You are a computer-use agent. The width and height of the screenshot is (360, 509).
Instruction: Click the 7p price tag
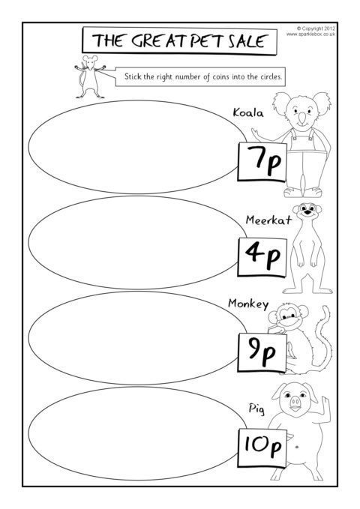pyautogui.click(x=262, y=162)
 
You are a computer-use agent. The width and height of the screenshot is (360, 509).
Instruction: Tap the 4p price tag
pyautogui.click(x=262, y=257)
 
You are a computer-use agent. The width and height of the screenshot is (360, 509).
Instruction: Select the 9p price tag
pyautogui.click(x=262, y=352)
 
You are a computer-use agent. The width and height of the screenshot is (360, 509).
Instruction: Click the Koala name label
pyautogui.click(x=248, y=112)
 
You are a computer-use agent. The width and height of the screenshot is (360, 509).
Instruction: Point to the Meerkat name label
pyautogui.click(x=268, y=220)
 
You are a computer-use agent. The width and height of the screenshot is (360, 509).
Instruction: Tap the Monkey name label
pyautogui.click(x=248, y=304)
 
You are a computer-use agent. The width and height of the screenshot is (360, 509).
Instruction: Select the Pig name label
pyautogui.click(x=256, y=409)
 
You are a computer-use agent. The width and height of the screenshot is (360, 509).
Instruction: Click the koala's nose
pyautogui.click(x=302, y=118)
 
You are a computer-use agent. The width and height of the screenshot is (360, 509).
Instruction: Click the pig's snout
pyautogui.click(x=295, y=403)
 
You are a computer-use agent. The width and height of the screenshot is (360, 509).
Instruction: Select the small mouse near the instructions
pyautogui.click(x=89, y=76)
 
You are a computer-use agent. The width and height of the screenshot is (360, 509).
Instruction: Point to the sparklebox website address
pyautogui.click(x=310, y=34)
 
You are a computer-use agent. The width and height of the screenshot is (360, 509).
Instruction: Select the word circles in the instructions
pyautogui.click(x=271, y=77)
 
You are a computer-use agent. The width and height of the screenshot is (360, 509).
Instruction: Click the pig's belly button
pyautogui.click(x=297, y=447)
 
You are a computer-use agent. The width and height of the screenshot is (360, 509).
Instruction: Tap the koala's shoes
pyautogui.click(x=303, y=192)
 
